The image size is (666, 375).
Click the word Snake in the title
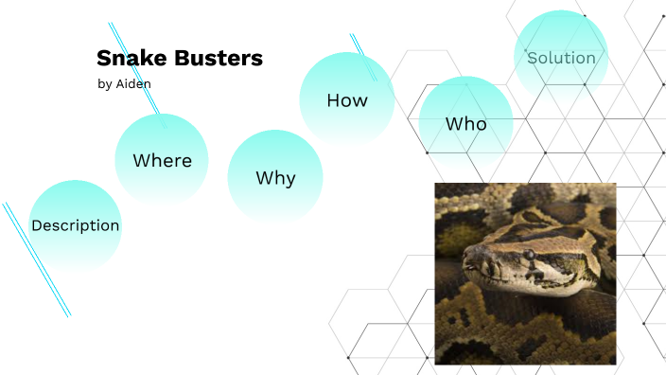click(x=128, y=59)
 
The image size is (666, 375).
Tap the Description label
click(x=76, y=225)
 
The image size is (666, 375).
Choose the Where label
click(x=162, y=161)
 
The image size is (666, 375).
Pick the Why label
click(x=275, y=178)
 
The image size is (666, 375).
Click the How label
click(x=347, y=100)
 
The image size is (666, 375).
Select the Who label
click(x=465, y=124)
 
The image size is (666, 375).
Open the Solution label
click(x=561, y=58)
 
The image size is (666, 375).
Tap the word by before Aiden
click(x=104, y=84)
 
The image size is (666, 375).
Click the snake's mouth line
click(x=501, y=278)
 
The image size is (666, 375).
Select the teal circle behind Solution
click(x=561, y=33)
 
